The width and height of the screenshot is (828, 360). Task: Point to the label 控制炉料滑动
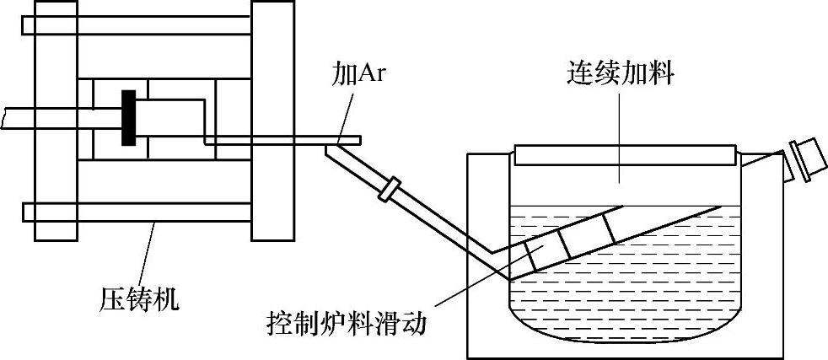[x=347, y=322]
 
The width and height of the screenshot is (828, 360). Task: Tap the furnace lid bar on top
[x=623, y=154]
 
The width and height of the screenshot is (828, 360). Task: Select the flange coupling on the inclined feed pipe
[x=390, y=187]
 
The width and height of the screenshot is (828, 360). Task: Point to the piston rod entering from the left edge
[x=42, y=116]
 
